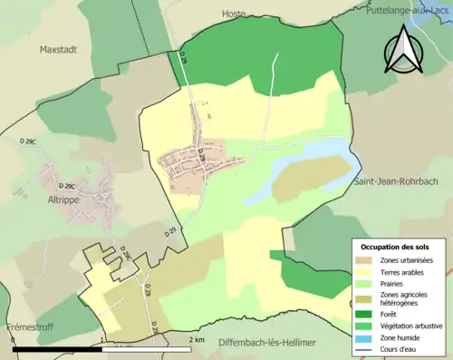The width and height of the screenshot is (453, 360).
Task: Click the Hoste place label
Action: click(235, 14)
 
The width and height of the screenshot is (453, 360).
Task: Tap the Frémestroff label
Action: click(27, 326)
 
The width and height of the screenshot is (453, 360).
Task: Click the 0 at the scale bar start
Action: click(13, 340)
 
